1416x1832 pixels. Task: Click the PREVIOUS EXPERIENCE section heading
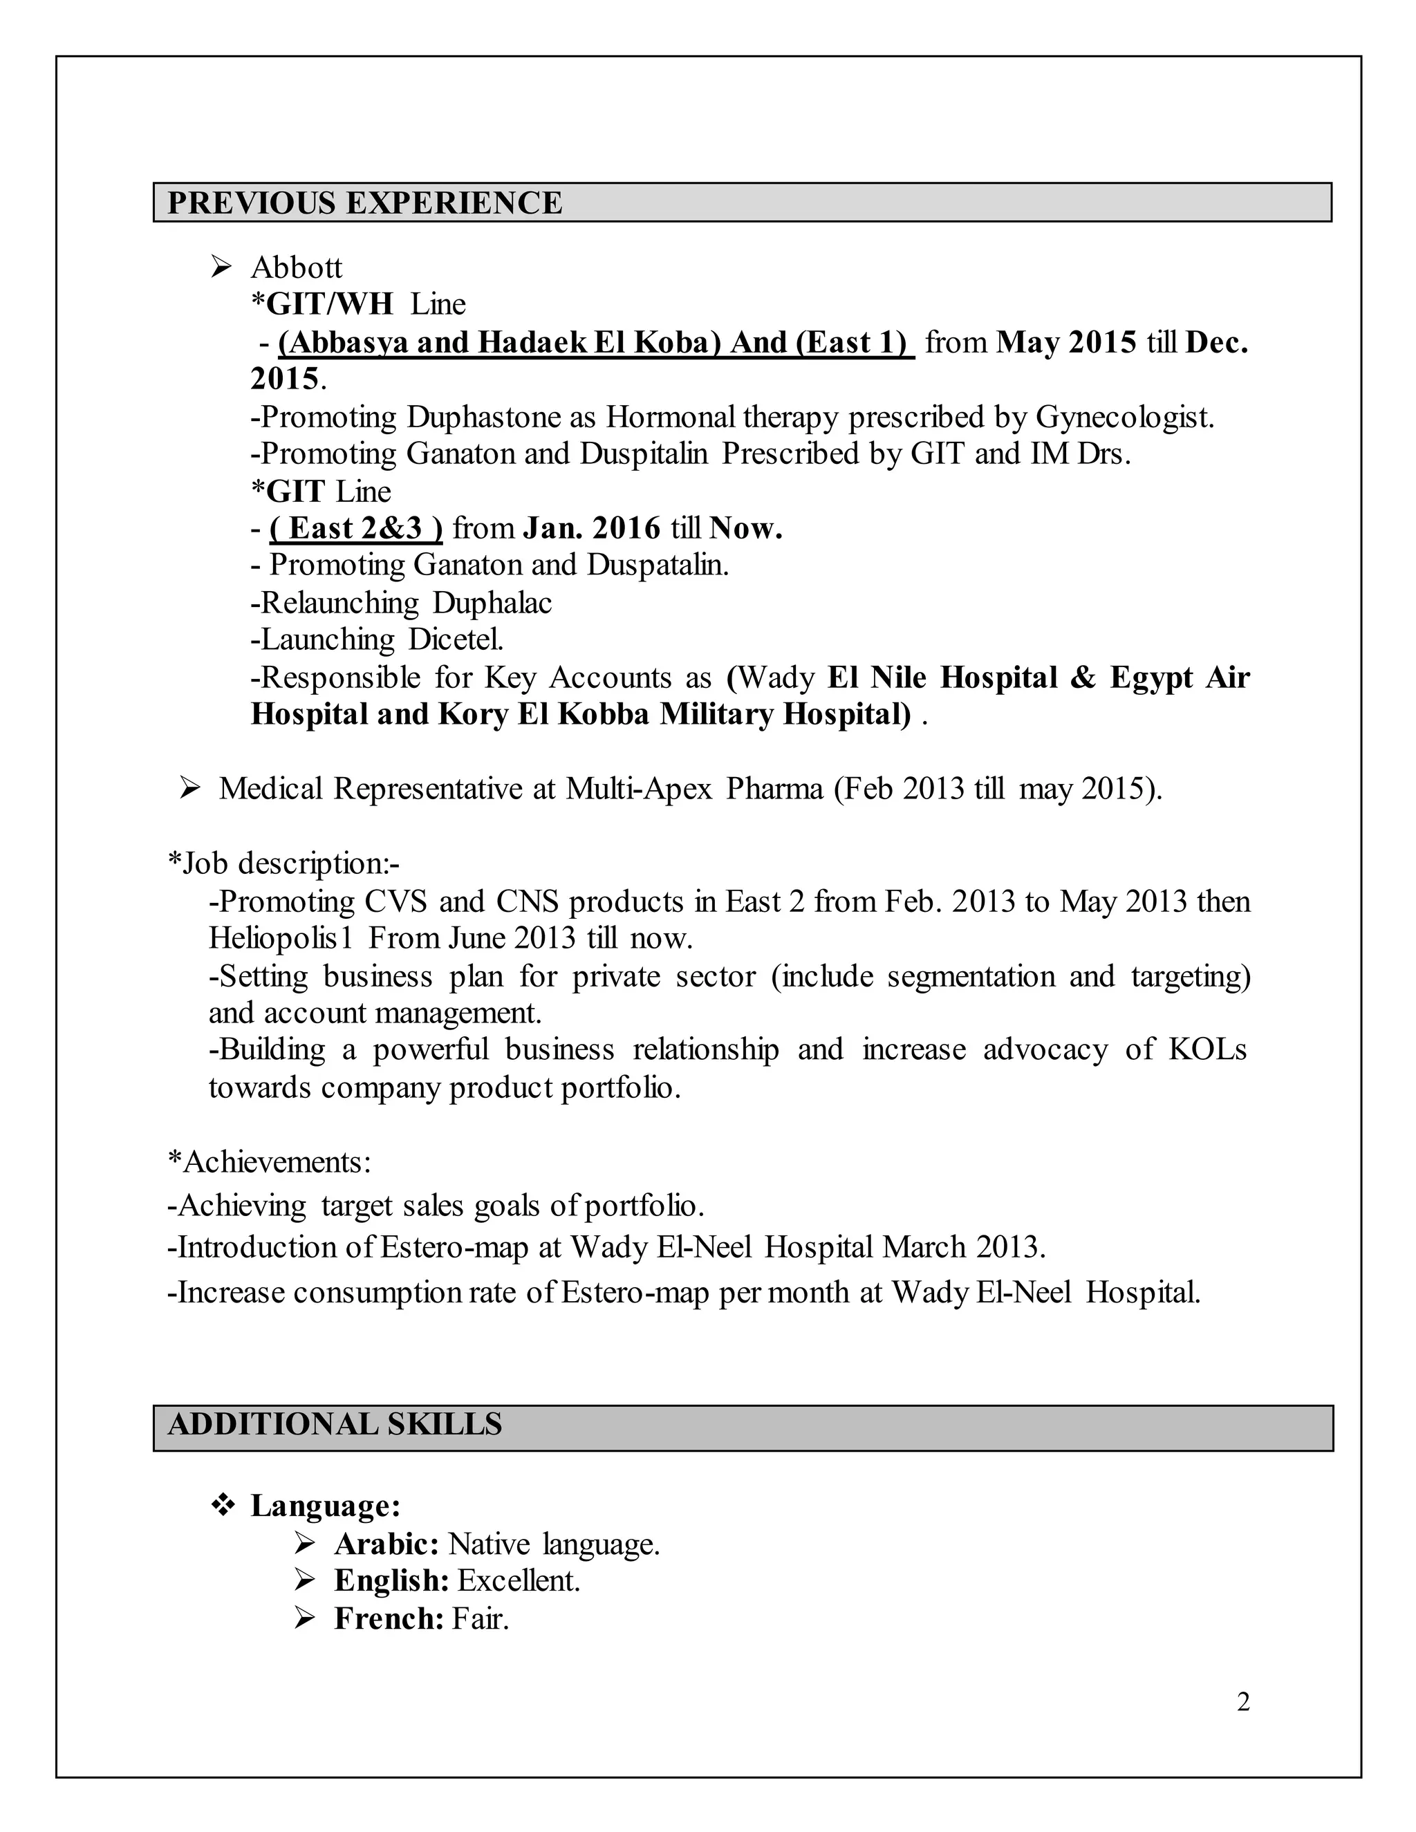click(x=365, y=203)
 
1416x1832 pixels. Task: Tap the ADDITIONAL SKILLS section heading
click(x=335, y=1424)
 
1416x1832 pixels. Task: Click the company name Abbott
click(x=296, y=268)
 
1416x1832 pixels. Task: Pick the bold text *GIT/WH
click(x=322, y=303)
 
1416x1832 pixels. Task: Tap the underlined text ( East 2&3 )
click(x=355, y=528)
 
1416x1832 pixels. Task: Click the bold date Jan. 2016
click(x=591, y=528)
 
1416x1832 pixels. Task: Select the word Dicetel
click(x=456, y=640)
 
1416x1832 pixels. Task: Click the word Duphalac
click(x=492, y=603)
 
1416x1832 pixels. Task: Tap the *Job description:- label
click(x=283, y=863)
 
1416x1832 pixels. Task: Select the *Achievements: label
click(x=269, y=1162)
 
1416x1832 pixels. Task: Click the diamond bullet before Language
click(x=223, y=1506)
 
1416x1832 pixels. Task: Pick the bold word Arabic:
click(x=386, y=1544)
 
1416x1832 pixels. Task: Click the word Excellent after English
click(x=519, y=1580)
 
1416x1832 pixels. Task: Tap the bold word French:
click(x=389, y=1618)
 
